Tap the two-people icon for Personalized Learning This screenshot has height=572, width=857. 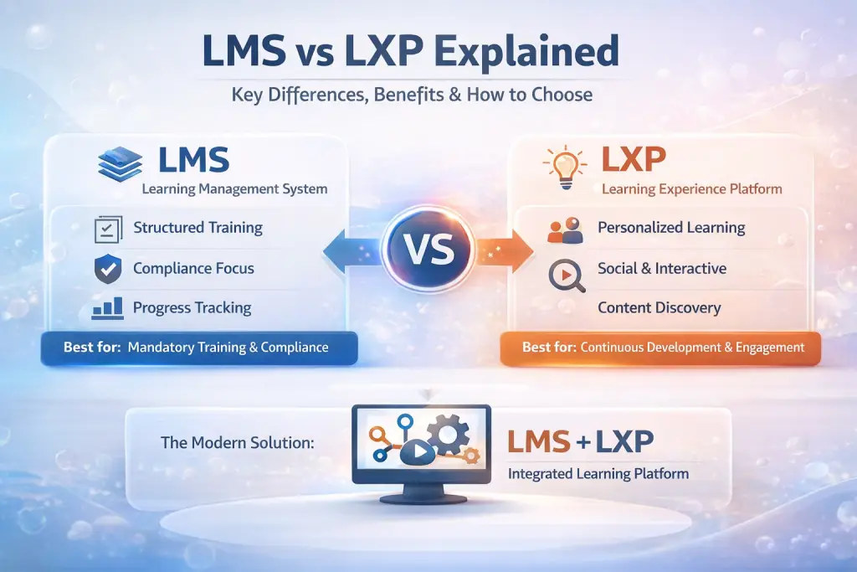point(564,229)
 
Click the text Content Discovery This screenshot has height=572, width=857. point(659,308)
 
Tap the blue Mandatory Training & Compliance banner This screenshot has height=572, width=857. point(199,348)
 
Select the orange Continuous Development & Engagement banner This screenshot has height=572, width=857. point(659,348)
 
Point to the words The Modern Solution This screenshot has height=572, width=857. point(237,442)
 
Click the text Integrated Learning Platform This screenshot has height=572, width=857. point(598,474)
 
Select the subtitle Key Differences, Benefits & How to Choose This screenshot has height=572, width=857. point(412,95)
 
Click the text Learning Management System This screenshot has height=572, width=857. point(234,189)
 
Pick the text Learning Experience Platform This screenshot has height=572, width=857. point(691,189)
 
